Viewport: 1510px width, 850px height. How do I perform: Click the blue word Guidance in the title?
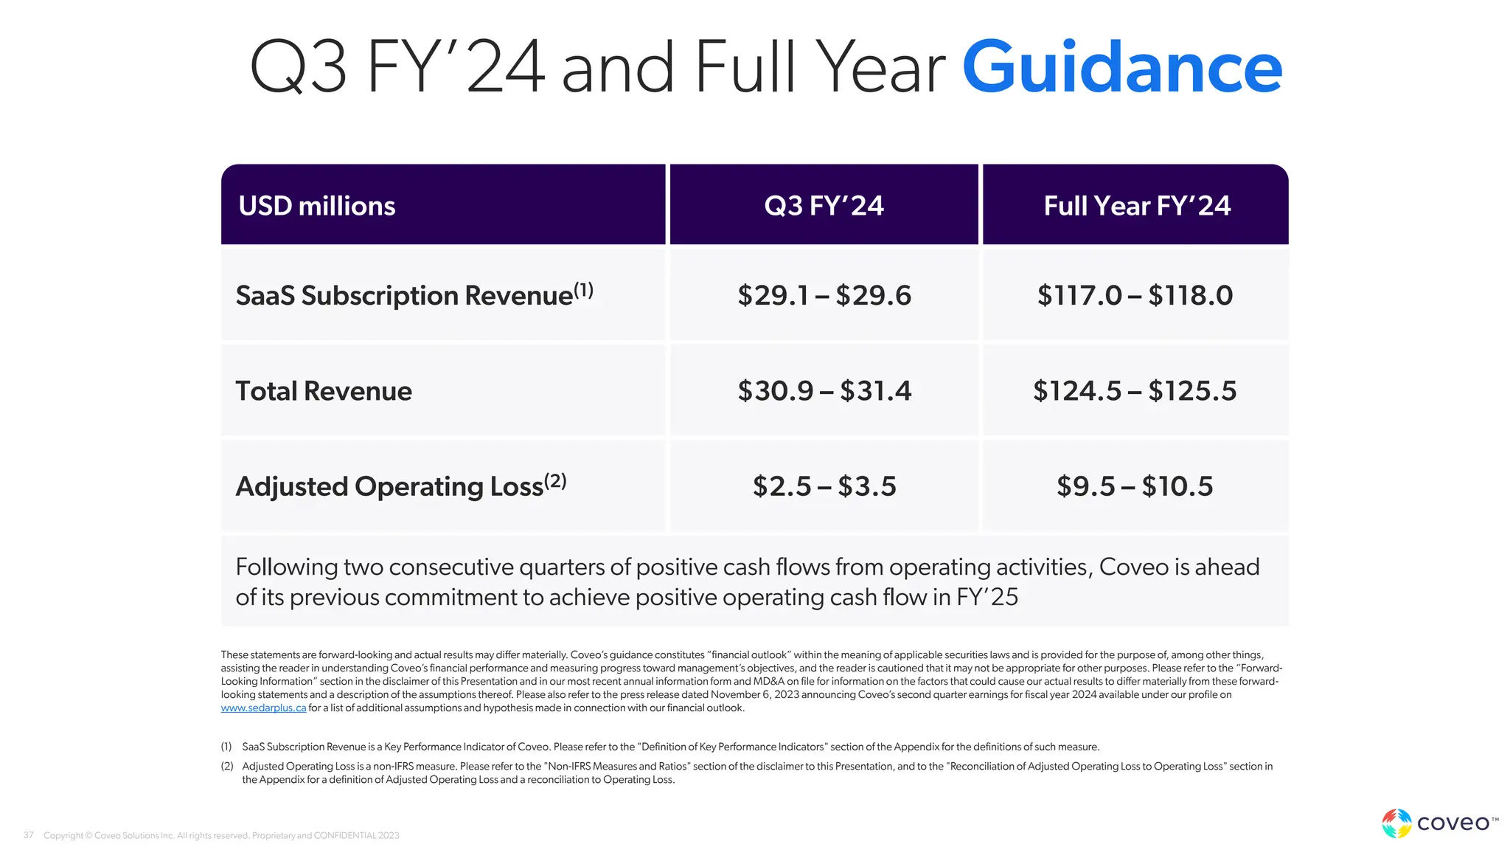1121,68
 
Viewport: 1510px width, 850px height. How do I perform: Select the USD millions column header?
317,206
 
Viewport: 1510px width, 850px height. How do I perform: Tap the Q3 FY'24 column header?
824,206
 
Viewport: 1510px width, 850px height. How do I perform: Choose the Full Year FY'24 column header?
1136,206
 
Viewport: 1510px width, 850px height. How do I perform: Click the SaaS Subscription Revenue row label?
404,295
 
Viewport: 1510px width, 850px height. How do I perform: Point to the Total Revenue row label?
324,391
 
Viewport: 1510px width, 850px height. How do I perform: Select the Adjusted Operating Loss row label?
389,486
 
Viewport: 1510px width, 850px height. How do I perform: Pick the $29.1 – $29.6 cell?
824,295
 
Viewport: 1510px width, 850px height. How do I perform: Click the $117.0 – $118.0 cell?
1135,295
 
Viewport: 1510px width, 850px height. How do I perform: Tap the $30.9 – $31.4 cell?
824,391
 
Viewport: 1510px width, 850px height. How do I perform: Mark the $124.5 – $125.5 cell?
1135,391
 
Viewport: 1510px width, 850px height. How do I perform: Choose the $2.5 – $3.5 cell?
824,486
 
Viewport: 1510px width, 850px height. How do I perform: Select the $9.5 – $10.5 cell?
1135,486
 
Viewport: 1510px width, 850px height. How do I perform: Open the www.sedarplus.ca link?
263,708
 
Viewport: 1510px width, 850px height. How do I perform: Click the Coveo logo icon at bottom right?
1396,823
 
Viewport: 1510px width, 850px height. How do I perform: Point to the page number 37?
29,835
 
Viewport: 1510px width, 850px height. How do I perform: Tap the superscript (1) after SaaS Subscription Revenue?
583,290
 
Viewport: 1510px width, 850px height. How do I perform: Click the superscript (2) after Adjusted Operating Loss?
555,481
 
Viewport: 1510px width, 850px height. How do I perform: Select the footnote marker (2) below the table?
227,767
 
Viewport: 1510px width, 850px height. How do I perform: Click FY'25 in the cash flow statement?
987,597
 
